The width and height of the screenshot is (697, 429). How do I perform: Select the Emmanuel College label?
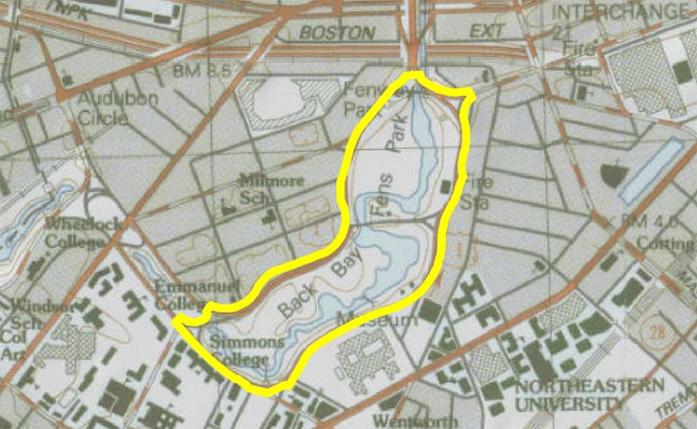[179, 295]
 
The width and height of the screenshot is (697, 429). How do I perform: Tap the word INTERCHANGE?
[620, 12]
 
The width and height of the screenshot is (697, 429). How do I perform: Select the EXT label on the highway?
[488, 33]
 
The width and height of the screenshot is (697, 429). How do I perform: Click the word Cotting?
[673, 245]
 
